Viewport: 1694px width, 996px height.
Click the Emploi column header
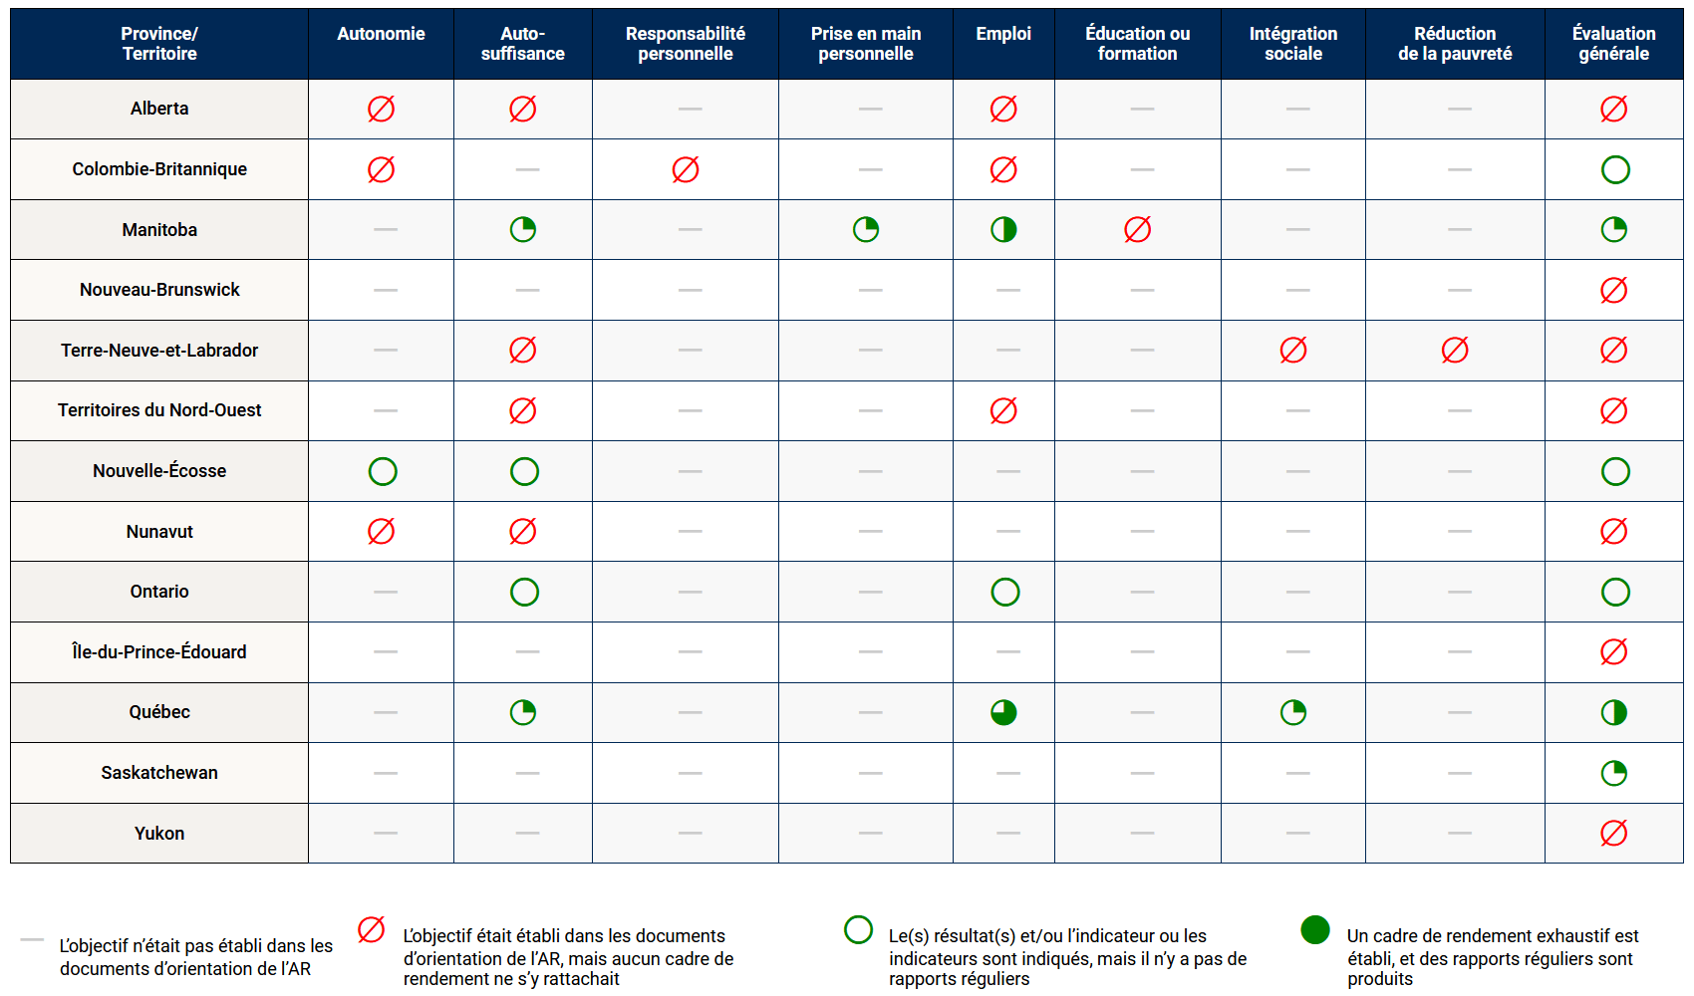1003,34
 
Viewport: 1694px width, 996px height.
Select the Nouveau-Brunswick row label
159,290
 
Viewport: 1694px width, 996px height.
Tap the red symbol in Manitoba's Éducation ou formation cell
1137,230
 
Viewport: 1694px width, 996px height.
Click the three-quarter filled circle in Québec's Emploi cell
1003,712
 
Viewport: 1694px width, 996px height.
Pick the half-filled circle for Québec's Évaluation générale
1613,712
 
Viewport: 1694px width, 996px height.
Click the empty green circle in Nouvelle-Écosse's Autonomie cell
383,471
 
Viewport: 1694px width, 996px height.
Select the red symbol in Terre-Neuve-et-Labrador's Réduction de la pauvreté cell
1455,350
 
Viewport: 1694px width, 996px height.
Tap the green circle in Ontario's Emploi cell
1005,592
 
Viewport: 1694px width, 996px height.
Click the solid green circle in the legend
1315,929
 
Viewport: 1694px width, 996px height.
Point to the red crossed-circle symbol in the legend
371,929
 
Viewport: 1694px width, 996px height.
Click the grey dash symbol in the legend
32,939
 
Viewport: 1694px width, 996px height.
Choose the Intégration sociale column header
1292,44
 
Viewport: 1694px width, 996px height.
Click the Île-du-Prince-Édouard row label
159,651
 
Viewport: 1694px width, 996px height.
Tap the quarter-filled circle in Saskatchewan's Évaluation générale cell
1613,773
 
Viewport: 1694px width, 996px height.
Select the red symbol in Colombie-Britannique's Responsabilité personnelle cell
686,169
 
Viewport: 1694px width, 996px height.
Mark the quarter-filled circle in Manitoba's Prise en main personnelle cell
866,230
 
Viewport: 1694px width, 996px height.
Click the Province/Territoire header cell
159,44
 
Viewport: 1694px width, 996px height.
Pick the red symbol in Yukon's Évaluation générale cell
1613,833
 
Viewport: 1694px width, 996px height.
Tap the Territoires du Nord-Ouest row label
159,410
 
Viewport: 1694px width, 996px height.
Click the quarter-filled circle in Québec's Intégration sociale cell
1292,712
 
